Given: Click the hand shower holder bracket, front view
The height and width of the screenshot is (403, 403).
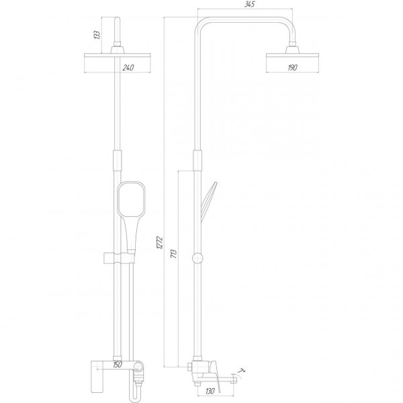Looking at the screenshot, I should pos(118,258).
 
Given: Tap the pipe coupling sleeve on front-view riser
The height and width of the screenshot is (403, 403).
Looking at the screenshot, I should pos(119,161).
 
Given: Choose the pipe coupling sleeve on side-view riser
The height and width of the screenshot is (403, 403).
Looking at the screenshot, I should pos(197,161).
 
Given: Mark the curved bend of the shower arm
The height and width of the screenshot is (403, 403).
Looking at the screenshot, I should pos(202,20).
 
